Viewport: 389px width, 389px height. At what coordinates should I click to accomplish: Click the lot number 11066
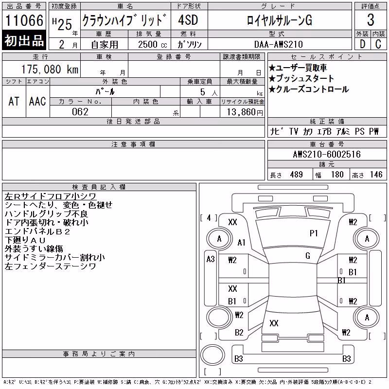pyautogui.click(x=24, y=20)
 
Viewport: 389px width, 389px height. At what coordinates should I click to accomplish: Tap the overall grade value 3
pyautogui.click(x=371, y=20)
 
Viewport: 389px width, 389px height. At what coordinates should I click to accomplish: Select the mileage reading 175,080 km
pyautogui.click(x=50, y=69)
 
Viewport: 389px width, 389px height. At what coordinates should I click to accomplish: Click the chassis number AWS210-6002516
pyautogui.click(x=327, y=154)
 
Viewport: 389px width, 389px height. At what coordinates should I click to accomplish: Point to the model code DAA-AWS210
pyautogui.click(x=278, y=44)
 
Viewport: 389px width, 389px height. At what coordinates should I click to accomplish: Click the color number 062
pyautogui.click(x=80, y=112)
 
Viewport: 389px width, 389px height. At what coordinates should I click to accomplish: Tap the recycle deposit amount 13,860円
pyautogui.click(x=245, y=112)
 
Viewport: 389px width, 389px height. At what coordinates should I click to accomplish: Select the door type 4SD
pyautogui.click(x=188, y=20)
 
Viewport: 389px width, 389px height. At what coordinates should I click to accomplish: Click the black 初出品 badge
pyautogui.click(x=24, y=40)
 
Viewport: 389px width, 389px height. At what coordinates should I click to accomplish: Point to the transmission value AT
pyautogui.click(x=14, y=101)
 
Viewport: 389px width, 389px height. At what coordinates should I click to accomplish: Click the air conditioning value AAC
pyautogui.click(x=37, y=101)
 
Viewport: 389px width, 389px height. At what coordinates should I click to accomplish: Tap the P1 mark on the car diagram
pyautogui.click(x=314, y=233)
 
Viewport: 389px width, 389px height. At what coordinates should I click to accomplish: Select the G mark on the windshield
pyautogui.click(x=308, y=256)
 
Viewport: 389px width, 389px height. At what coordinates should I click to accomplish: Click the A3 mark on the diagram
pyautogui.click(x=211, y=259)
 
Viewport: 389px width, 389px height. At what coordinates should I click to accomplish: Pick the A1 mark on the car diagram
pyautogui.click(x=241, y=242)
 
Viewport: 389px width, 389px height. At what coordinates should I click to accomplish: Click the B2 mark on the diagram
pyautogui.click(x=239, y=333)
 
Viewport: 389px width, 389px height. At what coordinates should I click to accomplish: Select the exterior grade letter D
pyautogui.click(x=362, y=44)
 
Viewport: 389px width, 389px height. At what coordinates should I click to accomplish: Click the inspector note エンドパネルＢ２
pyautogui.click(x=37, y=232)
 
